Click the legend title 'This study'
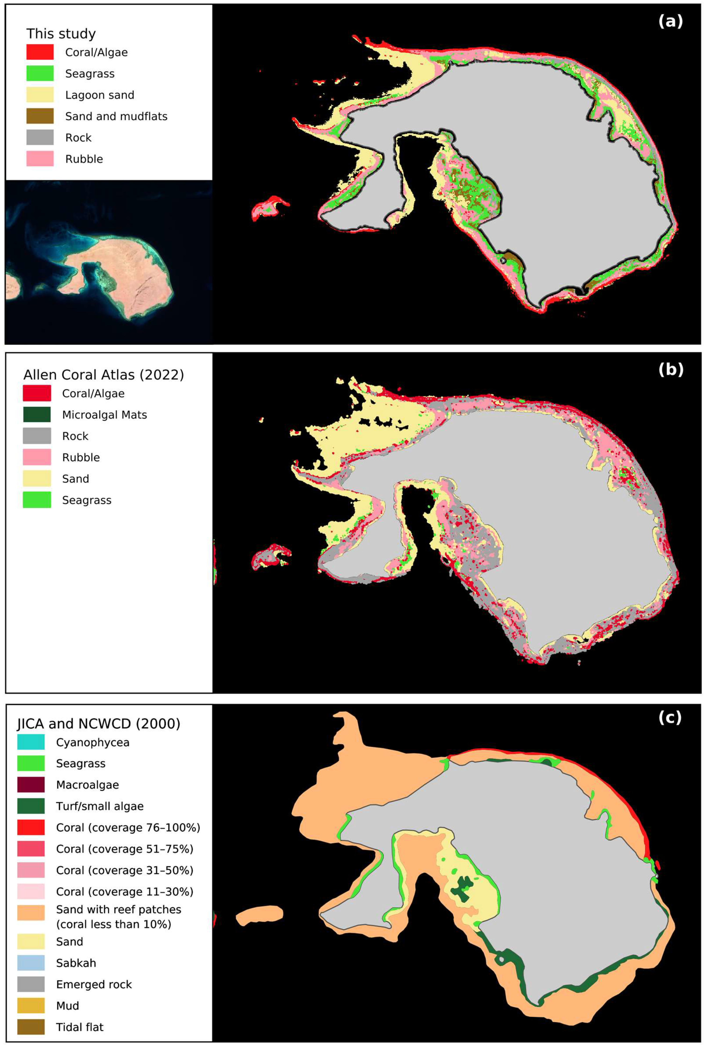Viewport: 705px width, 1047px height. (x=61, y=34)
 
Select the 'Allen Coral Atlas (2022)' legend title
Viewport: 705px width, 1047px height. (x=103, y=375)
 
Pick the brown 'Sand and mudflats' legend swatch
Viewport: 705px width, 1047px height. (x=40, y=116)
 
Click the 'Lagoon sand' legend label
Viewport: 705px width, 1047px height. (x=99, y=95)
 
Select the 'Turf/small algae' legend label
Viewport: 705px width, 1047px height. (x=99, y=806)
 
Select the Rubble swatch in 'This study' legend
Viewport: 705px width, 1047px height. (x=40, y=159)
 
